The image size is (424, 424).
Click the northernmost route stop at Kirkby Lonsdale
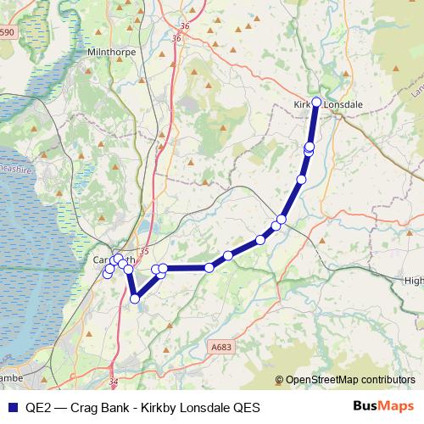pos(316,102)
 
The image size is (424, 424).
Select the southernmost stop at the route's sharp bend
pos(135,298)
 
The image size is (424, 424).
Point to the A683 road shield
pos(220,346)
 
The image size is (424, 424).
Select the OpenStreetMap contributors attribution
pos(349,381)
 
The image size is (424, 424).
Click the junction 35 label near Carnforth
pos(143,251)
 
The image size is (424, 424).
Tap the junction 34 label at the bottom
pos(113,382)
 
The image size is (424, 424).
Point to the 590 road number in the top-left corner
pos(8,31)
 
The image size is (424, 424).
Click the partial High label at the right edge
pos(414,280)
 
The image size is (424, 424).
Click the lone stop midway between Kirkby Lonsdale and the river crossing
pos(302,180)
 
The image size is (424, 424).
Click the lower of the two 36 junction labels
pos(176,38)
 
